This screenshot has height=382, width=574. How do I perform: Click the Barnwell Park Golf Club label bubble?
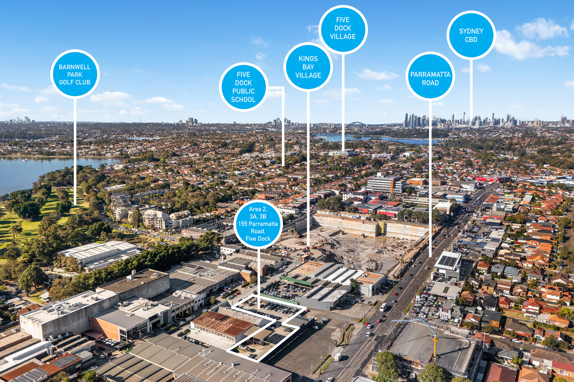pos(75,74)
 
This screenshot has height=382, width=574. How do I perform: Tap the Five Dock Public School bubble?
pos(243,87)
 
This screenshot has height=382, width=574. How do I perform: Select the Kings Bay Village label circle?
pos(308,67)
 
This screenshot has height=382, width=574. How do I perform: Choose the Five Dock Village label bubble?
pos(343,29)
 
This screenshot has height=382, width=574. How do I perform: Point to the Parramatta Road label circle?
pos(430,76)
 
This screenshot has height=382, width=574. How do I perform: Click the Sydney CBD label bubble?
pos(471,35)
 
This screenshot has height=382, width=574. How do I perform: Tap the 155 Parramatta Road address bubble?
pos(258,224)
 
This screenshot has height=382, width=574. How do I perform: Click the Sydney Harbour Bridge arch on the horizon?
pos(357,123)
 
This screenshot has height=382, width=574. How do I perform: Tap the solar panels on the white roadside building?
pos(448,261)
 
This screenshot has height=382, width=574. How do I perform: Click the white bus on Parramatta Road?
pos(383,307)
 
